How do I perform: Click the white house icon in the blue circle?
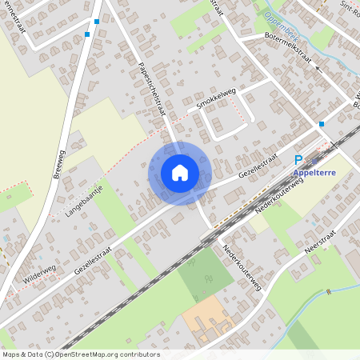point(179,173)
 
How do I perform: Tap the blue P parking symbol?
point(299,160)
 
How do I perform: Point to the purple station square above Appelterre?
point(326,159)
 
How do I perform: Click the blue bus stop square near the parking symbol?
point(322,124)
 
